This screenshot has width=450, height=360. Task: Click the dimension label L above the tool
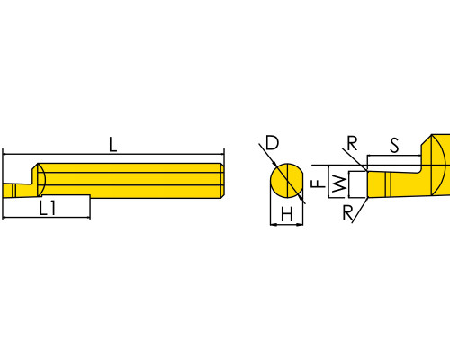point(112,145)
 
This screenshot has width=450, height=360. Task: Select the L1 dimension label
point(48,208)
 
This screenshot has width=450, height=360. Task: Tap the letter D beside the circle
point(273,142)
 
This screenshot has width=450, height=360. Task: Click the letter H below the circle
point(287,214)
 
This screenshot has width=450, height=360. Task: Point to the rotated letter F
point(319,184)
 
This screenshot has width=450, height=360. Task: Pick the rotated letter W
point(339,184)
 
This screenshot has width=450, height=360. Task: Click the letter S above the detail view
point(395,146)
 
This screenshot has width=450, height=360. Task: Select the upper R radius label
point(352,143)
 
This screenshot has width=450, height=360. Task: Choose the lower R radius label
point(347,212)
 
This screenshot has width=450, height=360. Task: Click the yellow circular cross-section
point(286,181)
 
